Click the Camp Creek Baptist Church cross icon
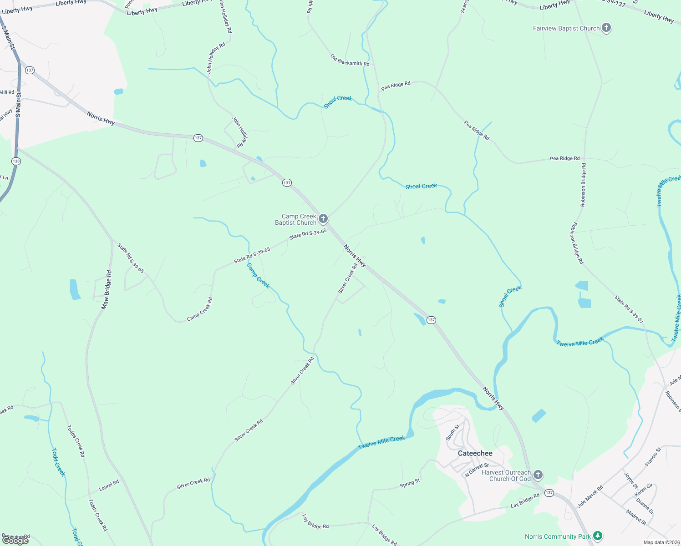323,219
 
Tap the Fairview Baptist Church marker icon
606,28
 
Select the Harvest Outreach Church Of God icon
538,475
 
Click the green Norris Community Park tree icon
597,536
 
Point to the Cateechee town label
475,453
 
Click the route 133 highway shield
16,161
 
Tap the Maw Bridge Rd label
107,290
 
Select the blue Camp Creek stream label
258,276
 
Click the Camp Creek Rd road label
200,309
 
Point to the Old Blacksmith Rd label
350,60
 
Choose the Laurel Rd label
109,485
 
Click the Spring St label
410,483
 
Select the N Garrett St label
477,470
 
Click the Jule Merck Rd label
590,496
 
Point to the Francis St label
653,457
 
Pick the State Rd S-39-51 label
629,309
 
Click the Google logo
15,540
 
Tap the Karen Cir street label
644,490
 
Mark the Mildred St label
636,517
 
